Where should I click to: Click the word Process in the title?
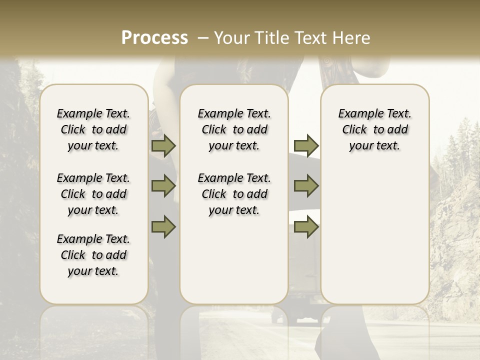(154, 37)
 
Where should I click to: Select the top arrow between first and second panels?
(163, 145)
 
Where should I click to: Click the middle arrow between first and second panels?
(163, 186)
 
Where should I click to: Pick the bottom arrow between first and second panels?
(163, 226)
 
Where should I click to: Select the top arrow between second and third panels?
(306, 145)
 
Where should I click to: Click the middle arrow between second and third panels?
(306, 186)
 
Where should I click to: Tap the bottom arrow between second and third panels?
(306, 226)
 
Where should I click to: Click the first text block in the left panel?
(93, 129)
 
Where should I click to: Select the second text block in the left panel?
(93, 194)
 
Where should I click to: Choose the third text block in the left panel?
(93, 255)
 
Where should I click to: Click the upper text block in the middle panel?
(234, 129)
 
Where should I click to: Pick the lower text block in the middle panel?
(234, 194)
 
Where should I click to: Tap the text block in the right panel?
(374, 129)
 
